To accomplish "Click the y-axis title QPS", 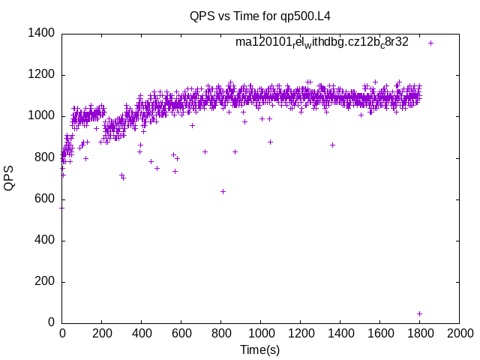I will [10, 178].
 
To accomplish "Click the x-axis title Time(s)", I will [259, 349].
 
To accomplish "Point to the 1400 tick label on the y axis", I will [40, 33].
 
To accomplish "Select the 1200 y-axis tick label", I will [40, 74].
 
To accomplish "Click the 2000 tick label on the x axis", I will [459, 333].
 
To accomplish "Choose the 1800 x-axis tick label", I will [419, 333].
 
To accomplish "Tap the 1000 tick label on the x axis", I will [260, 333].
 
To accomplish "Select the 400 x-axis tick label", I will [142, 333].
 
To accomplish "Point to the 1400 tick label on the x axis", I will [340, 333].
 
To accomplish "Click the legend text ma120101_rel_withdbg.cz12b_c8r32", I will [322, 42].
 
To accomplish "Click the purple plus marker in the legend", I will [430, 43].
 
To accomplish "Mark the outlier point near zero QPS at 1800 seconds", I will [419, 313].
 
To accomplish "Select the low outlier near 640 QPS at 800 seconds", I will [223, 191].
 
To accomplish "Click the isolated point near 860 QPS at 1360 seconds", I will [332, 145].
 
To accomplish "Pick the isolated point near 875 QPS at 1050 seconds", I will [270, 142].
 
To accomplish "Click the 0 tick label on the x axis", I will [62, 333].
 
